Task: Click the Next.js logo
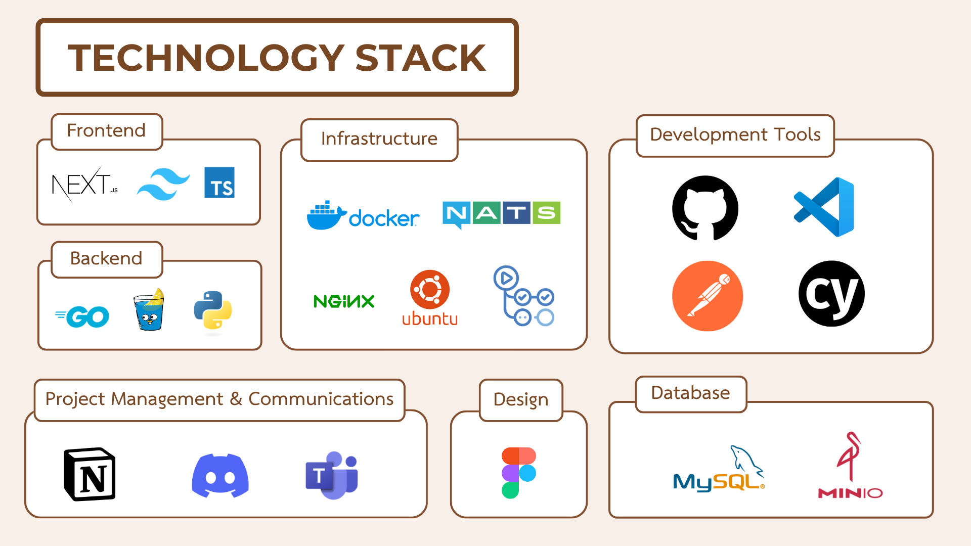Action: [x=85, y=184]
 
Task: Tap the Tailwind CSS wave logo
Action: [x=163, y=184]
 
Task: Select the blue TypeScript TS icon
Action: [x=219, y=183]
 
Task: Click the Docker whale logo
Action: [x=363, y=215]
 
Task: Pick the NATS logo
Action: [x=501, y=214]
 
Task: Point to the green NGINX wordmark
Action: [x=344, y=301]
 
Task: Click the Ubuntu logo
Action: [x=430, y=298]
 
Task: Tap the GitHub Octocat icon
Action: [x=705, y=208]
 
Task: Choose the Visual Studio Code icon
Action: [x=824, y=207]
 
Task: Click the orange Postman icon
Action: [x=708, y=296]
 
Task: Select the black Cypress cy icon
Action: [x=831, y=294]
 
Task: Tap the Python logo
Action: [x=213, y=310]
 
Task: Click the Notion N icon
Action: [x=90, y=474]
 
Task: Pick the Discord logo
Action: [x=220, y=476]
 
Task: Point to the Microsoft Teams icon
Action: [x=332, y=475]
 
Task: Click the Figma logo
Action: [x=519, y=473]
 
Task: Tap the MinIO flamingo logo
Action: [x=851, y=465]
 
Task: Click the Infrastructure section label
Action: [x=379, y=139]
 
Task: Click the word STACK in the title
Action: [x=420, y=58]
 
